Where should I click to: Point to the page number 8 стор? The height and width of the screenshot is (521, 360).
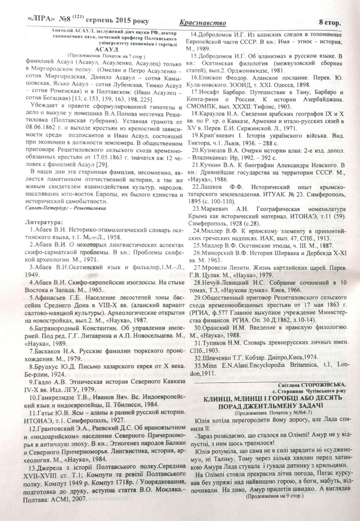(332, 22)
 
